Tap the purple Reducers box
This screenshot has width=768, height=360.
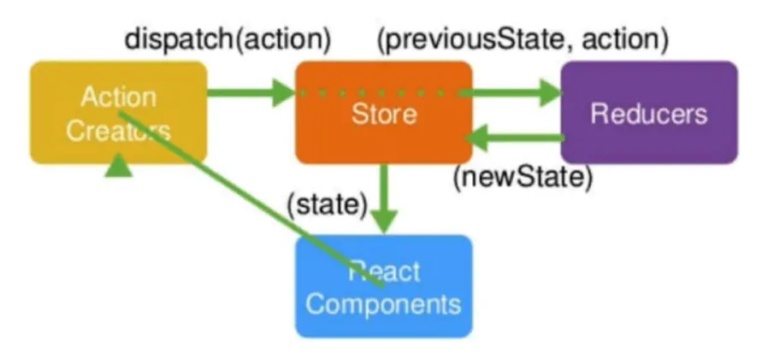click(648, 112)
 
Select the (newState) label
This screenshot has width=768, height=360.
click(522, 177)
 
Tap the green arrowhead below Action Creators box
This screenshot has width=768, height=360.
click(118, 167)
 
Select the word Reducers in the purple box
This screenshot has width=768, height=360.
click(648, 114)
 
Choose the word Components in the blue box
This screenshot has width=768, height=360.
click(383, 304)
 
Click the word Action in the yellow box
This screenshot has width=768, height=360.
click(118, 97)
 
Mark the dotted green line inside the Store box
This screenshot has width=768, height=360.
click(376, 91)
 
